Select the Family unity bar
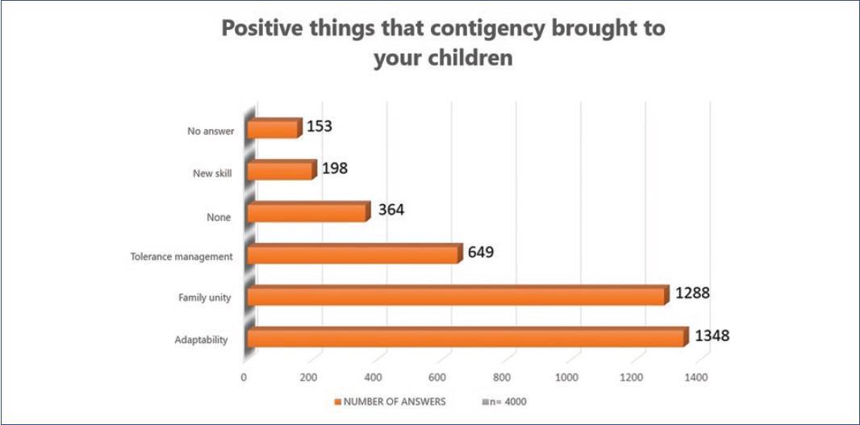[457, 296]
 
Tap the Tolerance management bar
[354, 255]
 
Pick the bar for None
[307, 212]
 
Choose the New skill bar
[280, 170]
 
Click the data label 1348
[712, 334]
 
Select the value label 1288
[693, 292]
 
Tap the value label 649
[481, 252]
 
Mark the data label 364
[390, 210]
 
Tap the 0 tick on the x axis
[244, 377]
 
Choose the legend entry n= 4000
[504, 401]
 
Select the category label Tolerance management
[182, 256]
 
